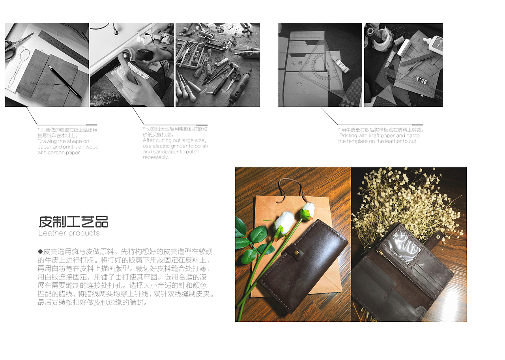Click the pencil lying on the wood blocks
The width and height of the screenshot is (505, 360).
65,82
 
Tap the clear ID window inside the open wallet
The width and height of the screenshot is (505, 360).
404,246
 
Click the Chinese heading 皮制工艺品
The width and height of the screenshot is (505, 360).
73,222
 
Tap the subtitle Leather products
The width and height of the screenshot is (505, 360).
69,233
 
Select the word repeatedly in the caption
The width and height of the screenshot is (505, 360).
156,157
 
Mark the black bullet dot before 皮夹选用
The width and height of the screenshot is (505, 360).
40,251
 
